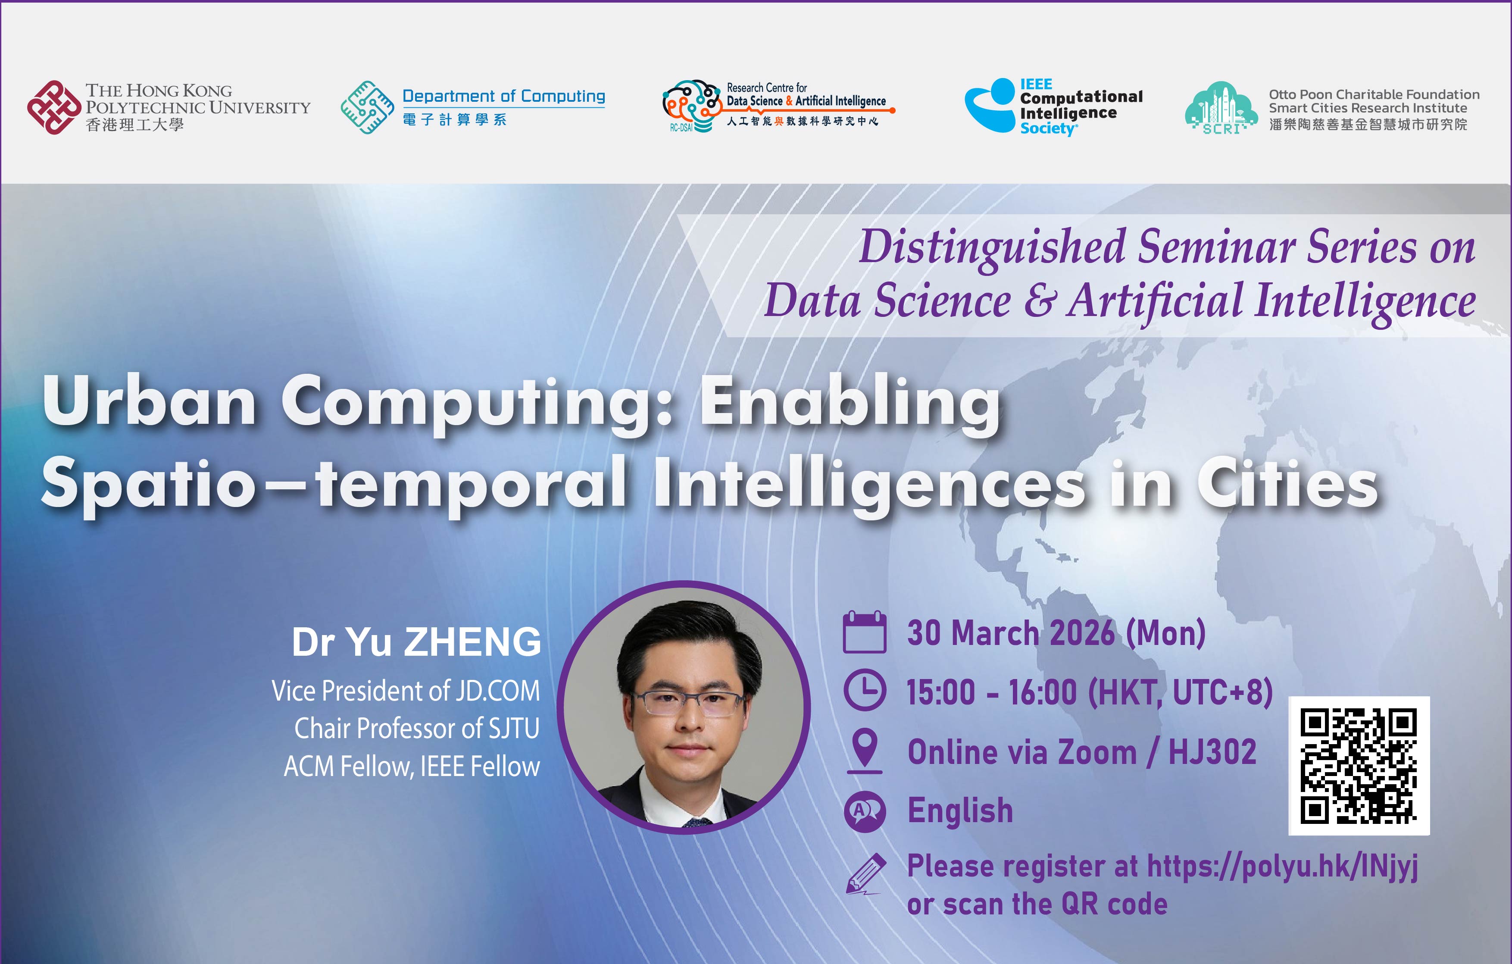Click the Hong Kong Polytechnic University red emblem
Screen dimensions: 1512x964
tap(54, 107)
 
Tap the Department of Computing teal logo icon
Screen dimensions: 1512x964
tap(367, 107)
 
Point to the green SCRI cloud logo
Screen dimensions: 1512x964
tap(1221, 107)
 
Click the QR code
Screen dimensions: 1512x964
tap(1359, 766)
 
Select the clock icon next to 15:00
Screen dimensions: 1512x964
tap(865, 690)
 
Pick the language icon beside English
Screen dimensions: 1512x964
tap(865, 811)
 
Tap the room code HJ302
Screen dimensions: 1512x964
tap(1212, 752)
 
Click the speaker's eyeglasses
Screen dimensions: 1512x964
tap(689, 703)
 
